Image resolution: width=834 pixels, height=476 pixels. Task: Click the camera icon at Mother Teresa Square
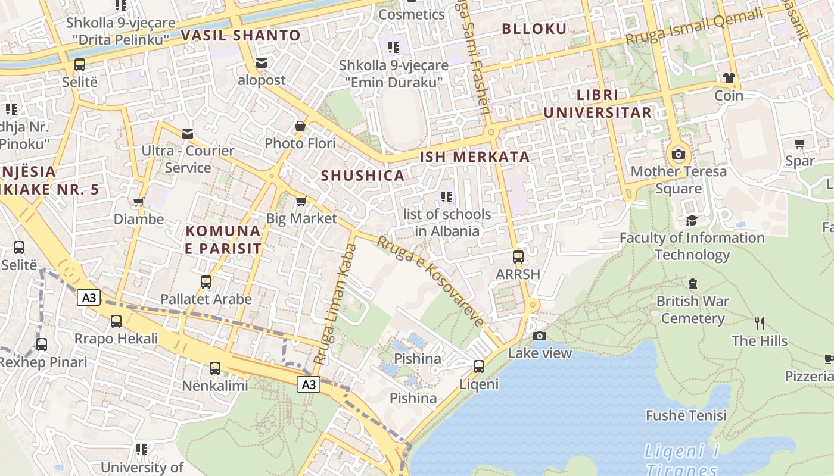(678, 155)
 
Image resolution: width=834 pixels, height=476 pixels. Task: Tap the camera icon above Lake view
(540, 336)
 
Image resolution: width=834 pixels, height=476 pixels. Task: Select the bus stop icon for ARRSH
(518, 257)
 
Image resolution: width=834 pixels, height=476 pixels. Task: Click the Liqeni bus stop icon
(479, 367)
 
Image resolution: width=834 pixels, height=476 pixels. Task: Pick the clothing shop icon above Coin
(729, 78)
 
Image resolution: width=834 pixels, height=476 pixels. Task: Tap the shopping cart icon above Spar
(799, 143)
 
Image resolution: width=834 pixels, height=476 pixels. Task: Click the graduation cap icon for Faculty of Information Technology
(692, 221)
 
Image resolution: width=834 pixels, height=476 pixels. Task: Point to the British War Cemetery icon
(693, 284)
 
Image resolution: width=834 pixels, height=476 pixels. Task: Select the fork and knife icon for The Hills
(760, 324)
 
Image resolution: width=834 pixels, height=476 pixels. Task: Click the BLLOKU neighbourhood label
(534, 29)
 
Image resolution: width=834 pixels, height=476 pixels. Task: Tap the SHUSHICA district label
(363, 176)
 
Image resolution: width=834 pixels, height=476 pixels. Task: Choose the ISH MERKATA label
(475, 157)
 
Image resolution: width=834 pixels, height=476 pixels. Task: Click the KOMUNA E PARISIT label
(223, 240)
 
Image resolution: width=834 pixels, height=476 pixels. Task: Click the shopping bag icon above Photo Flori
(300, 126)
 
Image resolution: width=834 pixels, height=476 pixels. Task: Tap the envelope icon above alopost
(262, 63)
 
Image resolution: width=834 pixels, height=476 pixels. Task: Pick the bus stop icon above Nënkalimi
(215, 368)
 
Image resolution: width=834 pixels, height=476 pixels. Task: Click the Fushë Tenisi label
(686, 415)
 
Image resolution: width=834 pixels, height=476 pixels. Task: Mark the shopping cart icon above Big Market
(301, 201)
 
